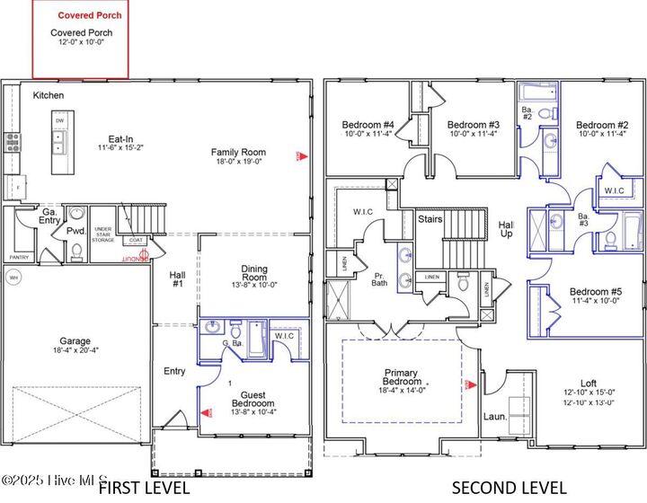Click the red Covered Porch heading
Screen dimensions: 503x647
pyautogui.click(x=90, y=15)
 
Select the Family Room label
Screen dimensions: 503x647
pyautogui.click(x=238, y=152)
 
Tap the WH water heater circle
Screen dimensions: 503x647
pyautogui.click(x=13, y=278)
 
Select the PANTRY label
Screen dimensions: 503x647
pyautogui.click(x=19, y=257)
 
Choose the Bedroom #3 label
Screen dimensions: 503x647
pyautogui.click(x=473, y=125)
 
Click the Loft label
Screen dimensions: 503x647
pyautogui.click(x=588, y=382)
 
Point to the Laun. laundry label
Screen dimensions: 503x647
pyautogui.click(x=495, y=418)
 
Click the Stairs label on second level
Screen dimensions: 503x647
pyautogui.click(x=430, y=218)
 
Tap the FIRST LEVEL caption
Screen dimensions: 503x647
pyautogui.click(x=143, y=488)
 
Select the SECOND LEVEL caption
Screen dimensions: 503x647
pyautogui.click(x=509, y=488)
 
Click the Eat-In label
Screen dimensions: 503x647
pyautogui.click(x=121, y=140)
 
